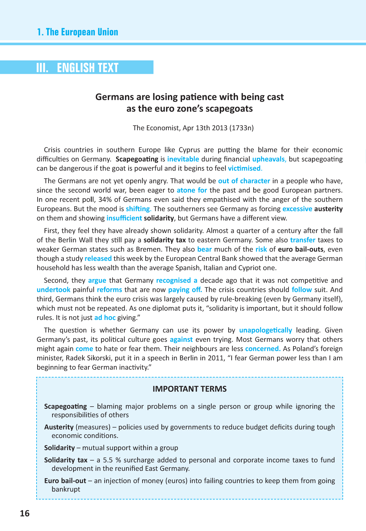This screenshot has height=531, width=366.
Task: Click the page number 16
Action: (x=25, y=513)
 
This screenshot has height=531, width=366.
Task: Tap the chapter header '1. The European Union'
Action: (x=77, y=32)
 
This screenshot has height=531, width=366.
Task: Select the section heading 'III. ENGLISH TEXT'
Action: (x=77, y=67)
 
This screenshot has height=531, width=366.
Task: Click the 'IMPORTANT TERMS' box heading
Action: (x=189, y=389)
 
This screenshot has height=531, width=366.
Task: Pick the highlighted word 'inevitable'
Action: (x=183, y=159)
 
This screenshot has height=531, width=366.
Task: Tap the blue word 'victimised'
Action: (x=245, y=168)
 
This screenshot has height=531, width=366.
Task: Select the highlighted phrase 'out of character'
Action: (x=244, y=181)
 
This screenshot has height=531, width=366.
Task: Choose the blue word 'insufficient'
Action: (x=124, y=218)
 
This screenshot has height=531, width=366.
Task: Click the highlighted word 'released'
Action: (x=98, y=258)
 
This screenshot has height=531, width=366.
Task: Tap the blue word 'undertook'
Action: (x=54, y=290)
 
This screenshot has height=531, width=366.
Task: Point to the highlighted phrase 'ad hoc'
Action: (x=105, y=318)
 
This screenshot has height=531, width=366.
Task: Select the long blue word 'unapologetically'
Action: (x=266, y=330)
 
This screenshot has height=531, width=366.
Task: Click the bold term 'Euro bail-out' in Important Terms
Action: (x=65, y=481)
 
